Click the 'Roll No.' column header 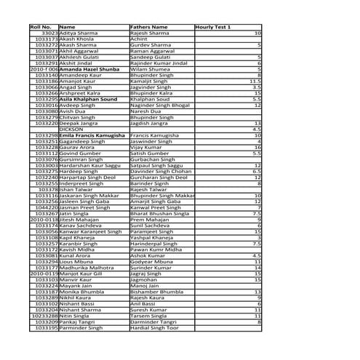40,27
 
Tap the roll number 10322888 44,316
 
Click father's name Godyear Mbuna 152,261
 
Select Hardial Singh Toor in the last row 153,328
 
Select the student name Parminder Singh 82,328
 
